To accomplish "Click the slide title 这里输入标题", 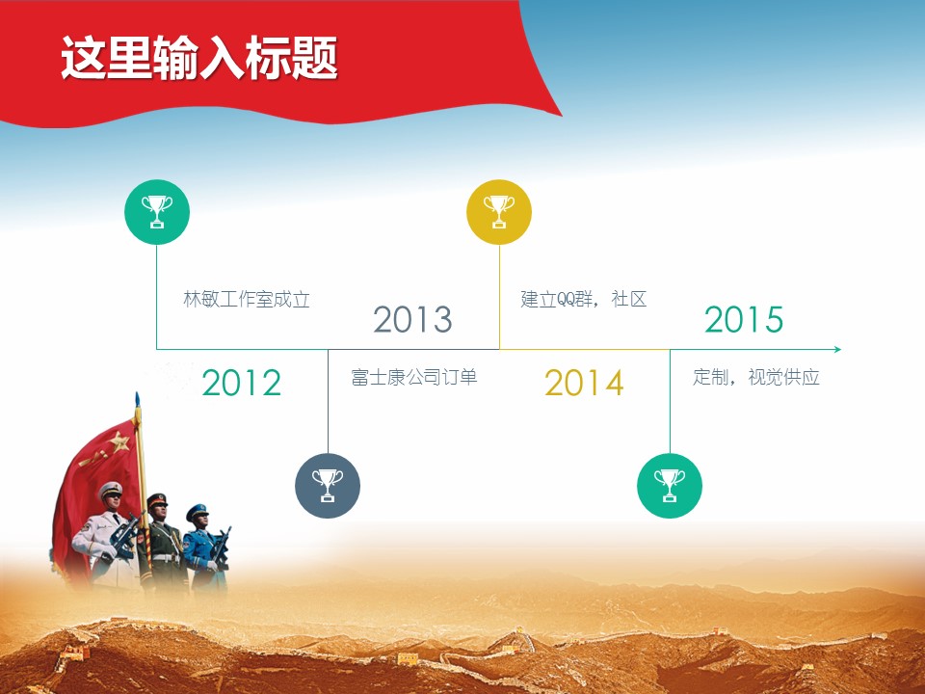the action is coord(198,57).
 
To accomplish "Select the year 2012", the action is coord(241,383).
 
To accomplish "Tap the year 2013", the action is coord(413,319).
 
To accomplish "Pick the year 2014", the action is coord(584,383).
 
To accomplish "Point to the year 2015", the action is coord(744,319).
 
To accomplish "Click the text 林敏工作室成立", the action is coord(247,299).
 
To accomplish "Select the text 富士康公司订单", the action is coord(413,377).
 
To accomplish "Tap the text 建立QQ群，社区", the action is coord(584,299).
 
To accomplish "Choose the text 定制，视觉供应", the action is coord(756,377).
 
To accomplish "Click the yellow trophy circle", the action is coord(499,212).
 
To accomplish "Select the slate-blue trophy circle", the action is coord(328,486).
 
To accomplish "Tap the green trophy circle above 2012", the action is coord(157,212).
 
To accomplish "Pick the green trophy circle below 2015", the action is coord(670,486).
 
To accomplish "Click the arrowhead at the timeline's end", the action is coord(837,349).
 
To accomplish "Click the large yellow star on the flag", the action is coord(119,441).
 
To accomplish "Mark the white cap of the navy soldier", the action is coord(111,490).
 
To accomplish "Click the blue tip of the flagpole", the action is coord(138,399).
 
